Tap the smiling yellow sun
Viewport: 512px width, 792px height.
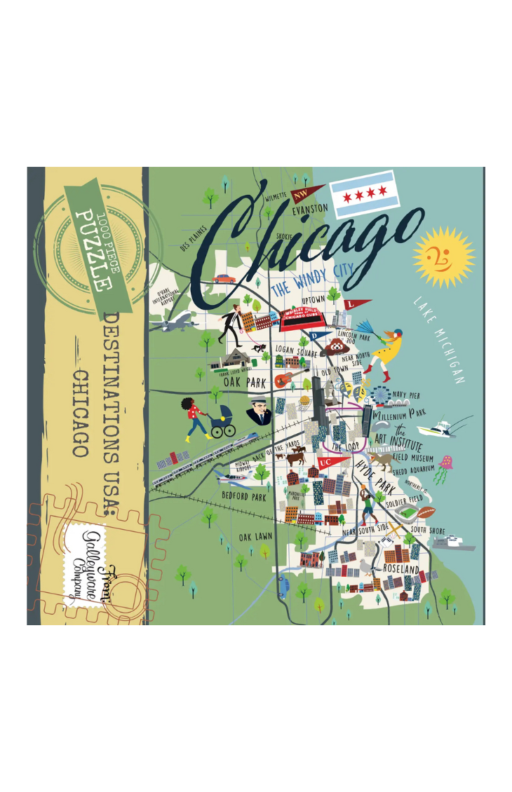(443, 257)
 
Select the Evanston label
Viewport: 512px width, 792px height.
(310, 209)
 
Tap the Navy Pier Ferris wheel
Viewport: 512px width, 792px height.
(382, 396)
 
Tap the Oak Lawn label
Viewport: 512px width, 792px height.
(255, 537)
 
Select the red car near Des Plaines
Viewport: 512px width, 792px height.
(224, 278)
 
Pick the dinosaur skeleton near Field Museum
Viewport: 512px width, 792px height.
(382, 460)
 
